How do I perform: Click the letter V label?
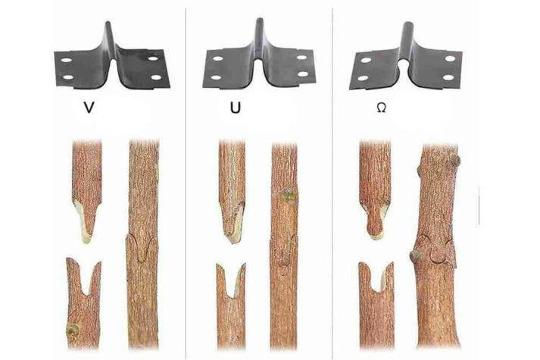click(89, 108)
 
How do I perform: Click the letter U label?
click(236, 108)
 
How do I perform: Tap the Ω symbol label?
click(381, 108)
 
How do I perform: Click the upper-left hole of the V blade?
click(67, 60)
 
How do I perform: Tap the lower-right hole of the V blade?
click(157, 77)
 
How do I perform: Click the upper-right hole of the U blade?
click(302, 58)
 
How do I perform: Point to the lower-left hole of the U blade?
click(216, 77)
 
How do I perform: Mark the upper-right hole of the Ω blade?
click(450, 58)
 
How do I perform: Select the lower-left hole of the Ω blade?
click(363, 78)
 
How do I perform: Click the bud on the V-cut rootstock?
click(73, 330)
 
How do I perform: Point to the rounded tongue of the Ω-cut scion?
click(376, 224)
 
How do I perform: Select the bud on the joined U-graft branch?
click(289, 196)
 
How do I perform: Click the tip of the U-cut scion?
click(233, 239)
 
